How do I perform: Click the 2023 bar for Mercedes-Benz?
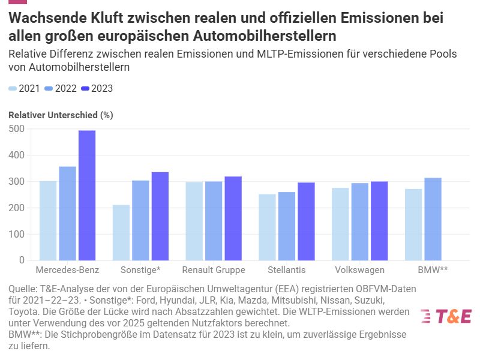point(87,196)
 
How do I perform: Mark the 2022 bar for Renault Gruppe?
point(214,221)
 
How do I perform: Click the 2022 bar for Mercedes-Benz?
point(68,214)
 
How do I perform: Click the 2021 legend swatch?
point(13,89)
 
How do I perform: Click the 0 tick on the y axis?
point(21,260)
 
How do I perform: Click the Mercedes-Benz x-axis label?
point(67,270)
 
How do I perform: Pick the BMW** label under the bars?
point(433,270)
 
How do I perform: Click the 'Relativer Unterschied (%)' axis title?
point(61,115)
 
